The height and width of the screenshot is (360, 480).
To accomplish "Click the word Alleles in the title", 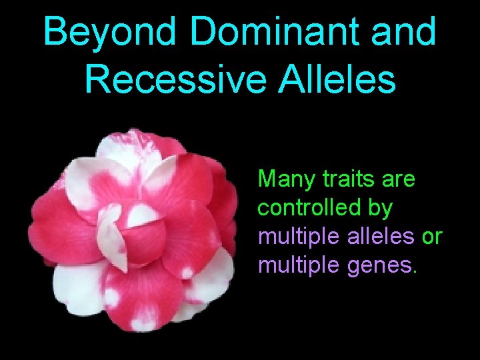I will (346, 79).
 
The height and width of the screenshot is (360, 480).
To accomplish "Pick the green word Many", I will (283, 179).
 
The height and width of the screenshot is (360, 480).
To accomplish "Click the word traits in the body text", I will (341, 179).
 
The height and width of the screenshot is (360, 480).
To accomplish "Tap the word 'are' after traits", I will (399, 179).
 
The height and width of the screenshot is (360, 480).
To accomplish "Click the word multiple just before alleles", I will (294, 237).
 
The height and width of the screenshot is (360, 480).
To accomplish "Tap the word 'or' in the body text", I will (429, 237).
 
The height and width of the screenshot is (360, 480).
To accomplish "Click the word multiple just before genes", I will (294, 266).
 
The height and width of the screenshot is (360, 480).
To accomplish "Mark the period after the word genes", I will (415, 272).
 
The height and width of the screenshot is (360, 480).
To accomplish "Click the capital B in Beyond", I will (55, 33).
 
